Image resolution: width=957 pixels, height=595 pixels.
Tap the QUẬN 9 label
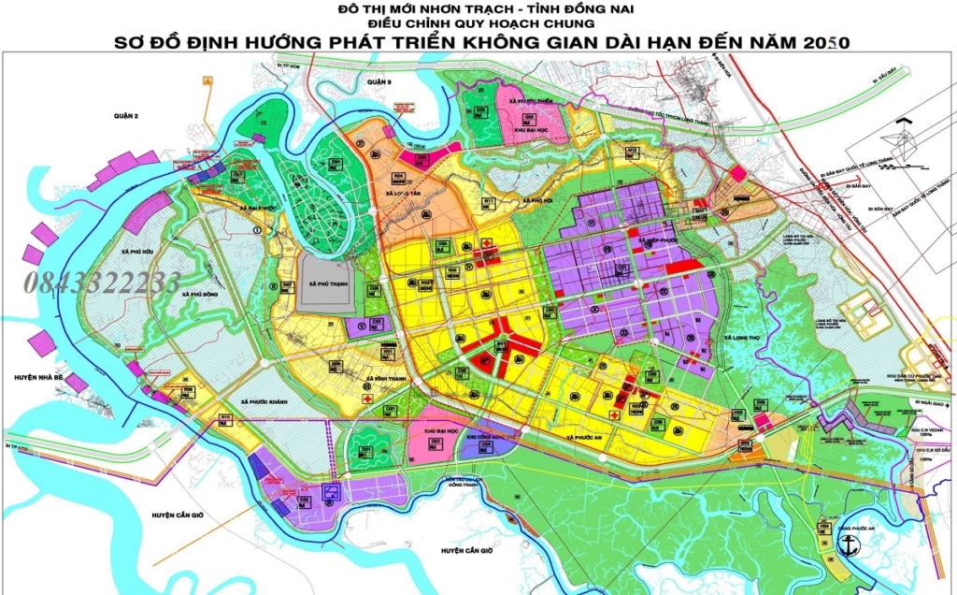point(378,82)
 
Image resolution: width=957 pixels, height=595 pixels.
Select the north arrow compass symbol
point(901,141)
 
